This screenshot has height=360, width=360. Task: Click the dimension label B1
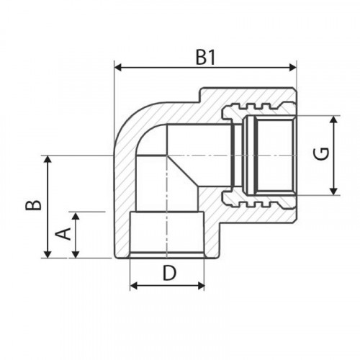pyautogui.click(x=205, y=58)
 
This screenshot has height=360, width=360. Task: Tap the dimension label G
pyautogui.click(x=321, y=154)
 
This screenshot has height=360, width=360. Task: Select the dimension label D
pyautogui.click(x=169, y=273)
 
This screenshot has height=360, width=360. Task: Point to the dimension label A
pyautogui.click(x=63, y=234)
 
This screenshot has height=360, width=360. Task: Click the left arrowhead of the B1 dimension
pyautogui.click(x=118, y=68)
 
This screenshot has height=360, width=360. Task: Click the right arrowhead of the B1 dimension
pyautogui.click(x=293, y=68)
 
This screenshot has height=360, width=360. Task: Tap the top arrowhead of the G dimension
pyautogui.click(x=333, y=120)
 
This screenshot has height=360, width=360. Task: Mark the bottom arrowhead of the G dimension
pyautogui.click(x=333, y=192)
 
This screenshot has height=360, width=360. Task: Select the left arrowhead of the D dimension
pyautogui.click(x=134, y=286)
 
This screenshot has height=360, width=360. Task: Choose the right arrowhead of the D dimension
pyautogui.click(x=201, y=286)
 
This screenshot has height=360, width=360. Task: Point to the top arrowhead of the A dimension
pyautogui.click(x=76, y=216)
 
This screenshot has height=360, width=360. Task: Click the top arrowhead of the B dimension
pyautogui.click(x=48, y=159)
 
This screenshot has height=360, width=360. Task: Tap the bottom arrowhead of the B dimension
pyautogui.click(x=48, y=254)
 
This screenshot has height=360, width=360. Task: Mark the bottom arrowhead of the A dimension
pyautogui.click(x=76, y=254)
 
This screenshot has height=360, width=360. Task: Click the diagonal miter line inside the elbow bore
pyautogui.click(x=183, y=171)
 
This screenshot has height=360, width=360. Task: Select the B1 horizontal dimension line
pyautogui.click(x=206, y=68)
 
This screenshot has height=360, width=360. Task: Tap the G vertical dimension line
pyautogui.click(x=333, y=156)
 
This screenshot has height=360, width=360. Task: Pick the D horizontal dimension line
pyautogui.click(x=167, y=286)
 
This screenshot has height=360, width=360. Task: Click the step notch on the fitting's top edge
pyautogui.click(x=200, y=95)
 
